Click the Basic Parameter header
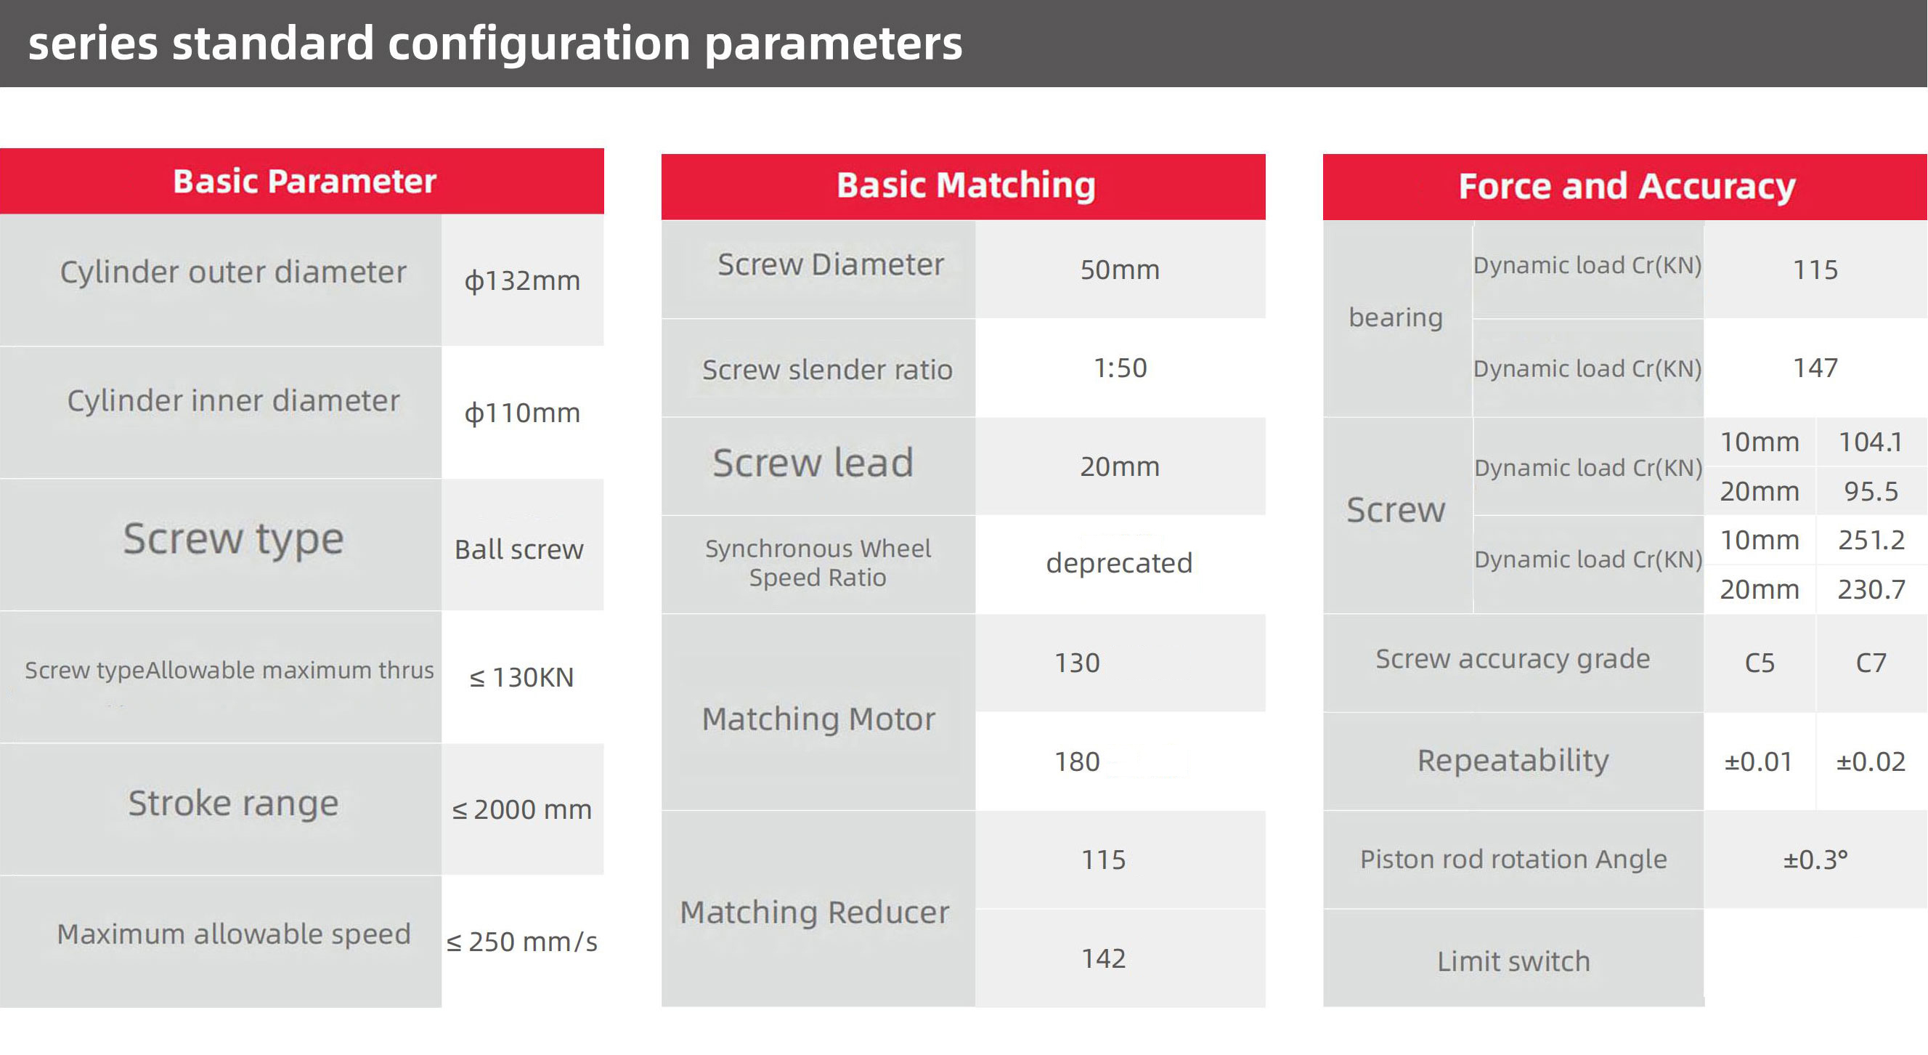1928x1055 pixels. pyautogui.click(x=304, y=181)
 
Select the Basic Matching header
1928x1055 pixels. pyautogui.click(x=966, y=185)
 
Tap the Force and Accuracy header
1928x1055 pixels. pyautogui.click(x=1627, y=187)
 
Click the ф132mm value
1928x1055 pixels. pyautogui.click(x=522, y=280)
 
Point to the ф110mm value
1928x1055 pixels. pyautogui.click(x=522, y=413)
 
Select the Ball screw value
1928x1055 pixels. pyautogui.click(x=518, y=549)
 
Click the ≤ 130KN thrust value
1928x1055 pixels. pyautogui.click(x=521, y=678)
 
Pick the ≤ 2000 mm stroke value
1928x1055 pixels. pyautogui.click(x=521, y=809)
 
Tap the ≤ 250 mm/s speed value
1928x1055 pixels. pyautogui.click(x=521, y=942)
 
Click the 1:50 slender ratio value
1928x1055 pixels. pyautogui.click(x=1120, y=368)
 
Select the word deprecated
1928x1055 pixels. pyautogui.click(x=1119, y=563)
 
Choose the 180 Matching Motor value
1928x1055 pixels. pyautogui.click(x=1077, y=761)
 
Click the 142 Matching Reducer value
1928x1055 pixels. pyautogui.click(x=1103, y=958)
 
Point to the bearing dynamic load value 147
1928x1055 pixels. pyautogui.click(x=1815, y=368)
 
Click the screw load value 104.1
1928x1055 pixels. pyautogui.click(x=1871, y=442)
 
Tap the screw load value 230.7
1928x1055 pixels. pyautogui.click(x=1871, y=589)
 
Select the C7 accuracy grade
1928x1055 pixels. pyautogui.click(x=1871, y=663)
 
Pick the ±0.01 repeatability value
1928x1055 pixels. pyautogui.click(x=1758, y=761)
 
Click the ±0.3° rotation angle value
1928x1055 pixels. pyautogui.click(x=1815, y=860)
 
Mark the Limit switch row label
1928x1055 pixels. pyautogui.click(x=1513, y=961)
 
